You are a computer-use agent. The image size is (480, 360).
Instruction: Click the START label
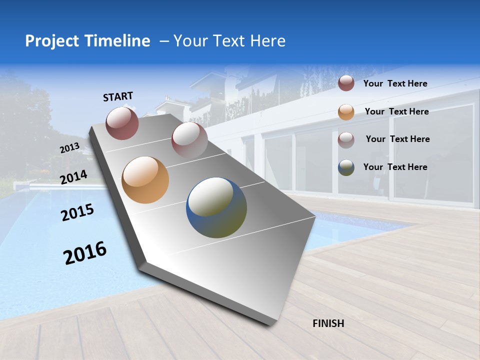point(118,96)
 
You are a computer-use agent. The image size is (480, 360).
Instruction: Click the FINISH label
point(328,323)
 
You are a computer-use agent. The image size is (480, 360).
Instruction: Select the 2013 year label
point(69,148)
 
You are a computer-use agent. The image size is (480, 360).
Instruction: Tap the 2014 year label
point(74,177)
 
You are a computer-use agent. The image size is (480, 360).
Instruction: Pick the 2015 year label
point(77,212)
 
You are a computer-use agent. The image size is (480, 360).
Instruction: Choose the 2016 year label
point(85,252)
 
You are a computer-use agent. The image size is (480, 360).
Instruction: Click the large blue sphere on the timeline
point(216,207)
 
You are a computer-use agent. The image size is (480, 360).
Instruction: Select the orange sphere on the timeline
point(145,180)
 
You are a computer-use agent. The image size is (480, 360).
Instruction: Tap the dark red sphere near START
point(122,123)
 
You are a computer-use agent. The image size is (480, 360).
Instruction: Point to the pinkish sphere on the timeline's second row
point(189,140)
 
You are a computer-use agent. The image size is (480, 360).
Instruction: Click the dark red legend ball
point(346,83)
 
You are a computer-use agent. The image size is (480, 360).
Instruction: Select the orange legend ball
point(346,112)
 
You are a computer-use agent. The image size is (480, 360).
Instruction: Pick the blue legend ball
point(346,167)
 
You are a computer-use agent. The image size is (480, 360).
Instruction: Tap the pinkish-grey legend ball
point(346,140)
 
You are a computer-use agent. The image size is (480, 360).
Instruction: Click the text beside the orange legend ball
point(396,111)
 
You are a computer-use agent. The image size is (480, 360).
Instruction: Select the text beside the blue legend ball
point(395,167)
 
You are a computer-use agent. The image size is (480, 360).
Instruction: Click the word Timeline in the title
point(117,41)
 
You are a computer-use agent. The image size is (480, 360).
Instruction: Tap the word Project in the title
point(52,41)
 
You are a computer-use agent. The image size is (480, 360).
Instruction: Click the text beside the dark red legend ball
point(395,83)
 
